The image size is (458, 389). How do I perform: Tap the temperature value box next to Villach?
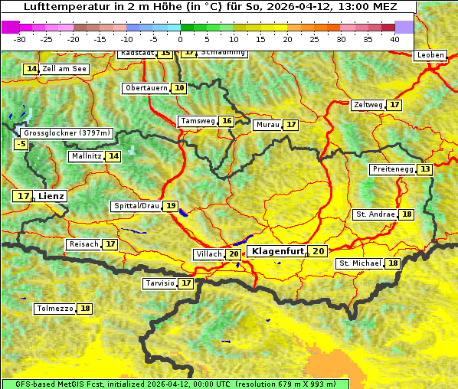(x=234, y=254)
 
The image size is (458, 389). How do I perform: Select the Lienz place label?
(x=51, y=196)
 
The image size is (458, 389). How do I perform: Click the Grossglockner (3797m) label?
(x=67, y=132)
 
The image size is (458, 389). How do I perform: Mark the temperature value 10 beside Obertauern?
(x=179, y=88)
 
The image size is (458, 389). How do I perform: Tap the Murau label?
(x=267, y=125)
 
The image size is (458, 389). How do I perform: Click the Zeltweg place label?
(x=368, y=105)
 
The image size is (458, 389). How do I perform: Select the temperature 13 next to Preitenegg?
(x=424, y=169)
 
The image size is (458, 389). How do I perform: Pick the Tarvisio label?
(x=160, y=283)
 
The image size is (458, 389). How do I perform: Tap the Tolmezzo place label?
(x=54, y=309)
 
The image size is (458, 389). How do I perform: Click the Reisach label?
(x=83, y=244)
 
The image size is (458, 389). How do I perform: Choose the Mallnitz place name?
(x=86, y=156)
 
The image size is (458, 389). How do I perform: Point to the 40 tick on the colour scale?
(x=394, y=38)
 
